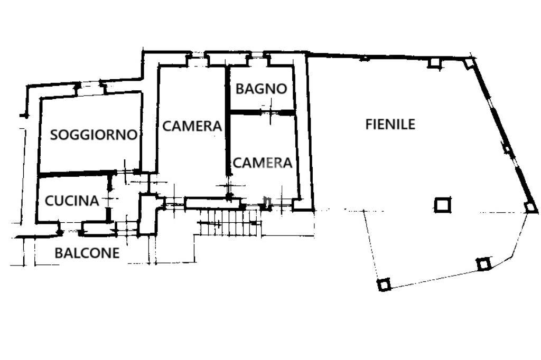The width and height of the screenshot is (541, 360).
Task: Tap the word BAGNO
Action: (261, 89)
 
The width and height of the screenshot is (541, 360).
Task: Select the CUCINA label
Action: (72, 201)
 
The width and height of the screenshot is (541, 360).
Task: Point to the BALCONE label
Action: (87, 253)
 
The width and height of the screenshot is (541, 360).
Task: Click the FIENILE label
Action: (390, 125)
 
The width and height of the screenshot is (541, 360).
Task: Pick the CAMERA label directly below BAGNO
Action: (263, 163)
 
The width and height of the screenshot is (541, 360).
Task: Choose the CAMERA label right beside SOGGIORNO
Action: (192, 126)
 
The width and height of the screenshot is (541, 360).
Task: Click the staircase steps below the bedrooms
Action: (229, 222)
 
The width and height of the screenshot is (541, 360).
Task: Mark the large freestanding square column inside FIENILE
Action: (442, 205)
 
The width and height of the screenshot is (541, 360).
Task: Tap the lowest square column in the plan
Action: (384, 285)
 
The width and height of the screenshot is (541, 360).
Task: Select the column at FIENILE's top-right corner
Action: (469, 63)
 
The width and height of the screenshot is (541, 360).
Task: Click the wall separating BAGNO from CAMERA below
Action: (263, 112)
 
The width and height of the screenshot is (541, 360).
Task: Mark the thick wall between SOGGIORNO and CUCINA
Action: (77, 175)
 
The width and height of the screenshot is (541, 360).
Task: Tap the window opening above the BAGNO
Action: (257, 54)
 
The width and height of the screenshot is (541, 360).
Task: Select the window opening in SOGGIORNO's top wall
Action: (90, 84)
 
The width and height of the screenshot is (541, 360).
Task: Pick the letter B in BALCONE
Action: (59, 253)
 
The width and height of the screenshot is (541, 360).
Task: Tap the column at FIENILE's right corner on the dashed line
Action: (529, 207)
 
